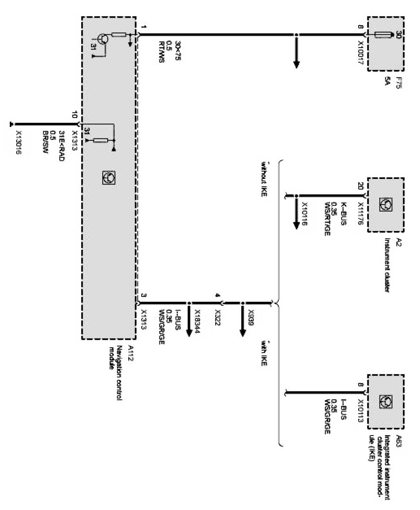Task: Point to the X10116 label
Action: pyautogui.click(x=305, y=214)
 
